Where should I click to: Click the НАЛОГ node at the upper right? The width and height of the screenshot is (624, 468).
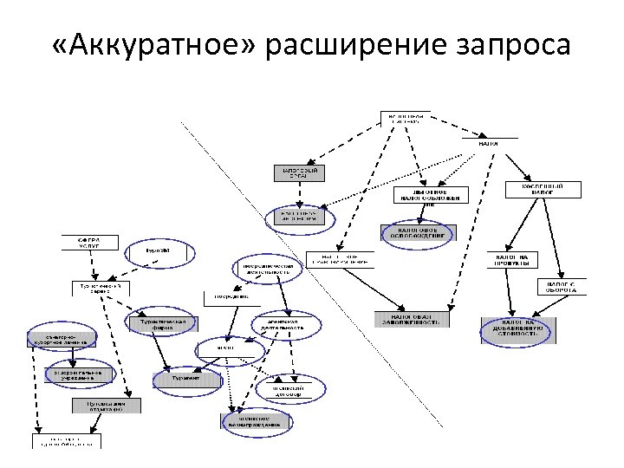[x=489, y=140]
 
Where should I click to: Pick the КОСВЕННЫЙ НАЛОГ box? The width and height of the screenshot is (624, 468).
[x=543, y=189]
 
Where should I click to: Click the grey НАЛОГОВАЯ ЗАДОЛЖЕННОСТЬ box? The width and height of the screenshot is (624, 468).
[x=412, y=320]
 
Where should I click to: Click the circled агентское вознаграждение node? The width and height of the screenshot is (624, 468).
[x=249, y=421]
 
